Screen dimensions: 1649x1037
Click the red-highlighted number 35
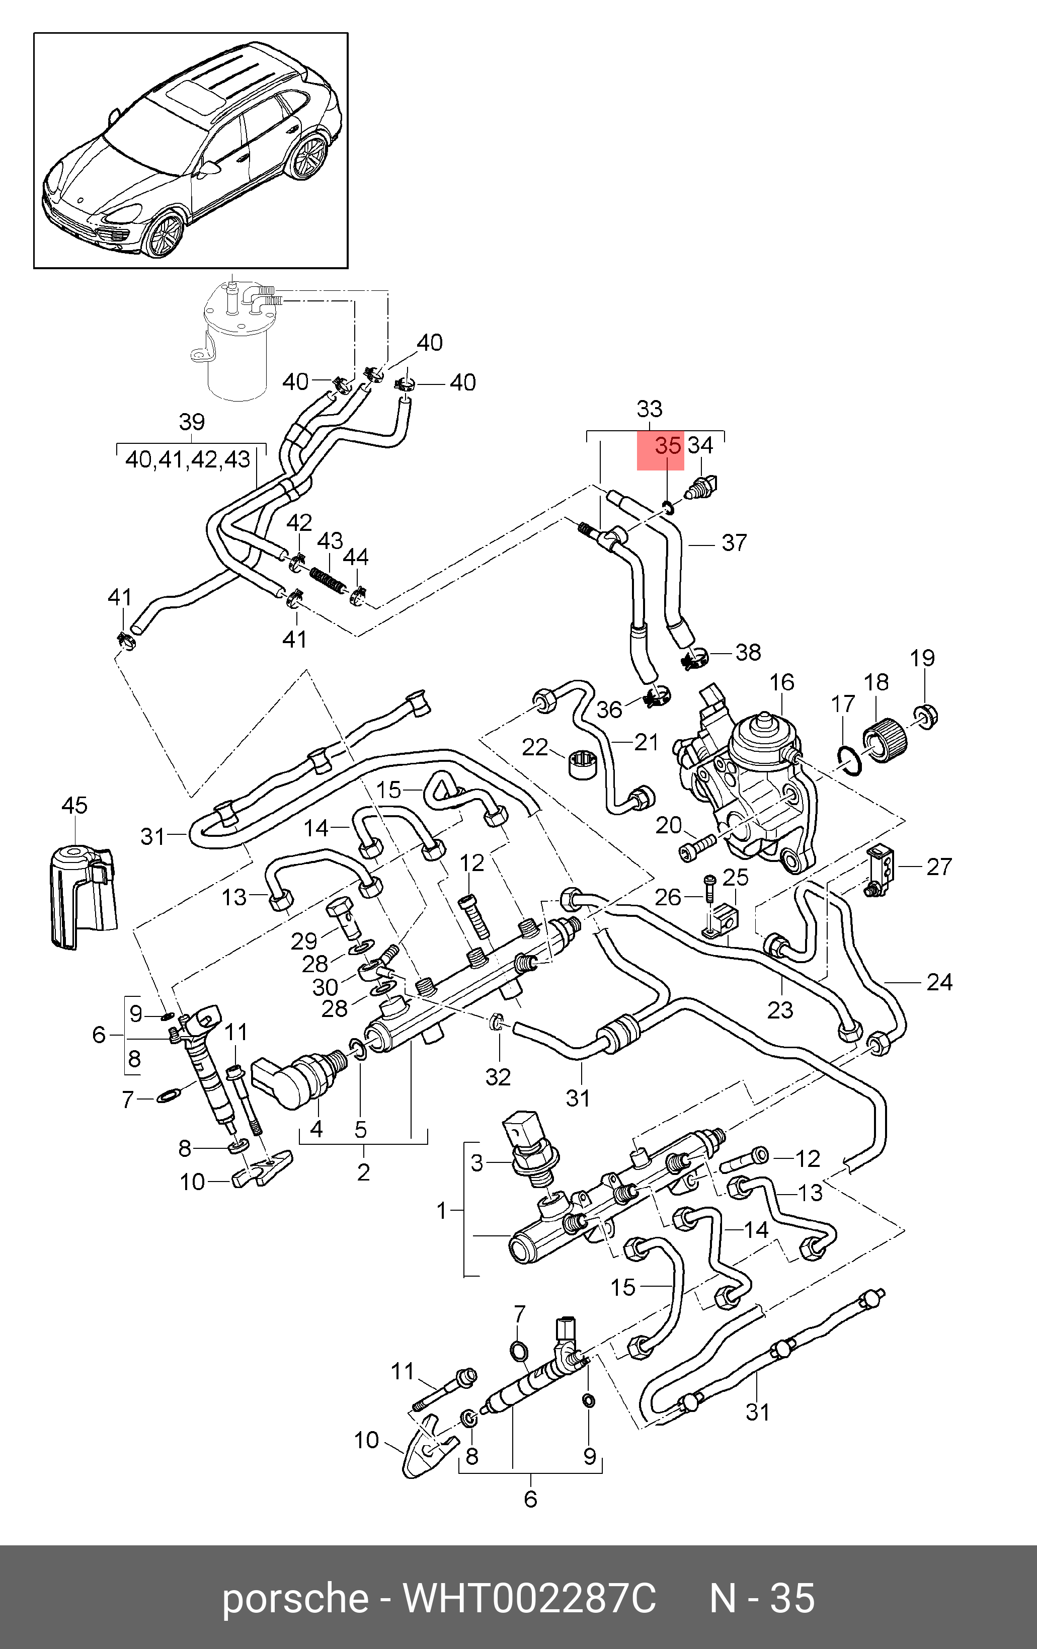pos(667,446)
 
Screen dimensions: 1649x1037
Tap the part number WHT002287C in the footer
pos(529,1598)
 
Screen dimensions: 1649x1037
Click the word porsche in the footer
pos(295,1598)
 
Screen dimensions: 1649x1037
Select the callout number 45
pos(74,805)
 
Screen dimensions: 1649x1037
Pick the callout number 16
pos(781,683)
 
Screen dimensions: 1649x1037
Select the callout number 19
pos(922,658)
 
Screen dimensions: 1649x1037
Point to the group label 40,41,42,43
pos(188,459)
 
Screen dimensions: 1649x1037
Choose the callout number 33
pos(650,410)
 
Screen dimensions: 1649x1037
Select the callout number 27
pos(939,867)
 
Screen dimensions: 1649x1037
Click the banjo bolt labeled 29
pos(346,917)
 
